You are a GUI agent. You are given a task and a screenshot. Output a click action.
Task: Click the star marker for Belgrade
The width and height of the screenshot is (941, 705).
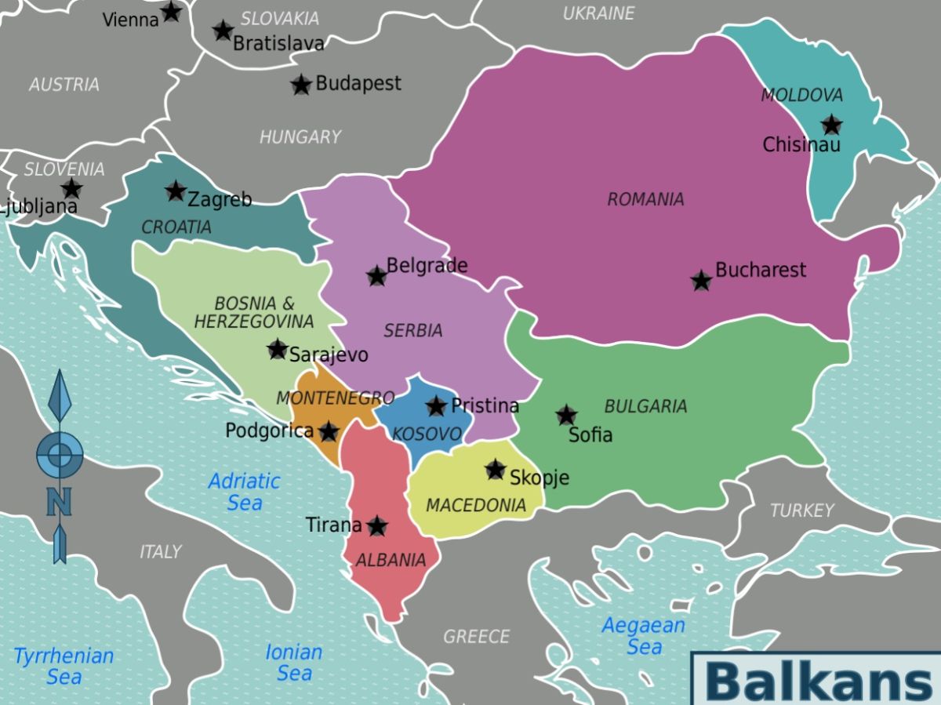377,276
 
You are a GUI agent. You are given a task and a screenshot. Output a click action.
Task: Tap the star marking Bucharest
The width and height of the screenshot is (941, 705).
701,280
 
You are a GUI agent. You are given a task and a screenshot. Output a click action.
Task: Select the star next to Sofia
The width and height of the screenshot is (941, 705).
566,416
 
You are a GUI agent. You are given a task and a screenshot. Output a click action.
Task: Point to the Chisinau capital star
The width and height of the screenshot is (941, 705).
831,125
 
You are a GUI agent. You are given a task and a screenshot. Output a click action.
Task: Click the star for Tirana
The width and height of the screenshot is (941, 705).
377,526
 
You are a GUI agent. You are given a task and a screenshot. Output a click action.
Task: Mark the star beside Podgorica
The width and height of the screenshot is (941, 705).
329,431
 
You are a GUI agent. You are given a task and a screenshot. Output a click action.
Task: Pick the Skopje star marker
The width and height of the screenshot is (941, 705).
495,470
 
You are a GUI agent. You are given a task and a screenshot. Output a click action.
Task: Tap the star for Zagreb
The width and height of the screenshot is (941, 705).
176,191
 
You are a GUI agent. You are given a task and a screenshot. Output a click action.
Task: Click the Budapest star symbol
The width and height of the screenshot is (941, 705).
301,85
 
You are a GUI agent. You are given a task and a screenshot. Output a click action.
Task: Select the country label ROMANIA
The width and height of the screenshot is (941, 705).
645,199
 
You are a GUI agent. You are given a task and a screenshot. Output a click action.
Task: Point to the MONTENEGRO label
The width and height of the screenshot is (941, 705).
335,398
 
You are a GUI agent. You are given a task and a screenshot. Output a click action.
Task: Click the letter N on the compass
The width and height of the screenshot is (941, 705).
59,501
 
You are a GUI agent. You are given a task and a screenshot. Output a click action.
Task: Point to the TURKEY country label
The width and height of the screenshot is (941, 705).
801,511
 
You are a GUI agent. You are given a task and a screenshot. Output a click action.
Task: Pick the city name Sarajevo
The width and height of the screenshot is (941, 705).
329,354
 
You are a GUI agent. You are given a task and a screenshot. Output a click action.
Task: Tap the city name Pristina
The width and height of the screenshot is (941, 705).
485,405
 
